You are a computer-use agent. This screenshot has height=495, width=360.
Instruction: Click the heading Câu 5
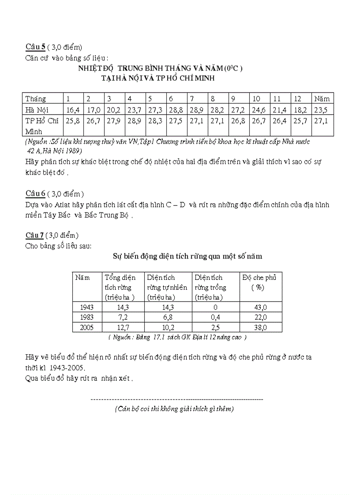point(36,47)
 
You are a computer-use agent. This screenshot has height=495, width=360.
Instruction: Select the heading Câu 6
point(36,194)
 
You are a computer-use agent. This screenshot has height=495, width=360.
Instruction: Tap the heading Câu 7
point(36,235)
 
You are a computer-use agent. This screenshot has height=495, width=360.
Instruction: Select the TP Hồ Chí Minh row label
point(41,126)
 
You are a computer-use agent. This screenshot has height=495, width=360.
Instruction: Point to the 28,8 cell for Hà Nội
point(176,109)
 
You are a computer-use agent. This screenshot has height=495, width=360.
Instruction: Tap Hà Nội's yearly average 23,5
point(322,109)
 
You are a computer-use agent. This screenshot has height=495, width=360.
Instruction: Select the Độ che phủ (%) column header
point(260,282)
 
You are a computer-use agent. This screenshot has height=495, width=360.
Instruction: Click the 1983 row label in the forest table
point(87,317)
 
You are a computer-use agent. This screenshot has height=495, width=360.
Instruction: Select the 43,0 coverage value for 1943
point(260,308)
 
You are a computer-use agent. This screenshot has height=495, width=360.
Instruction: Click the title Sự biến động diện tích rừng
point(188,255)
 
